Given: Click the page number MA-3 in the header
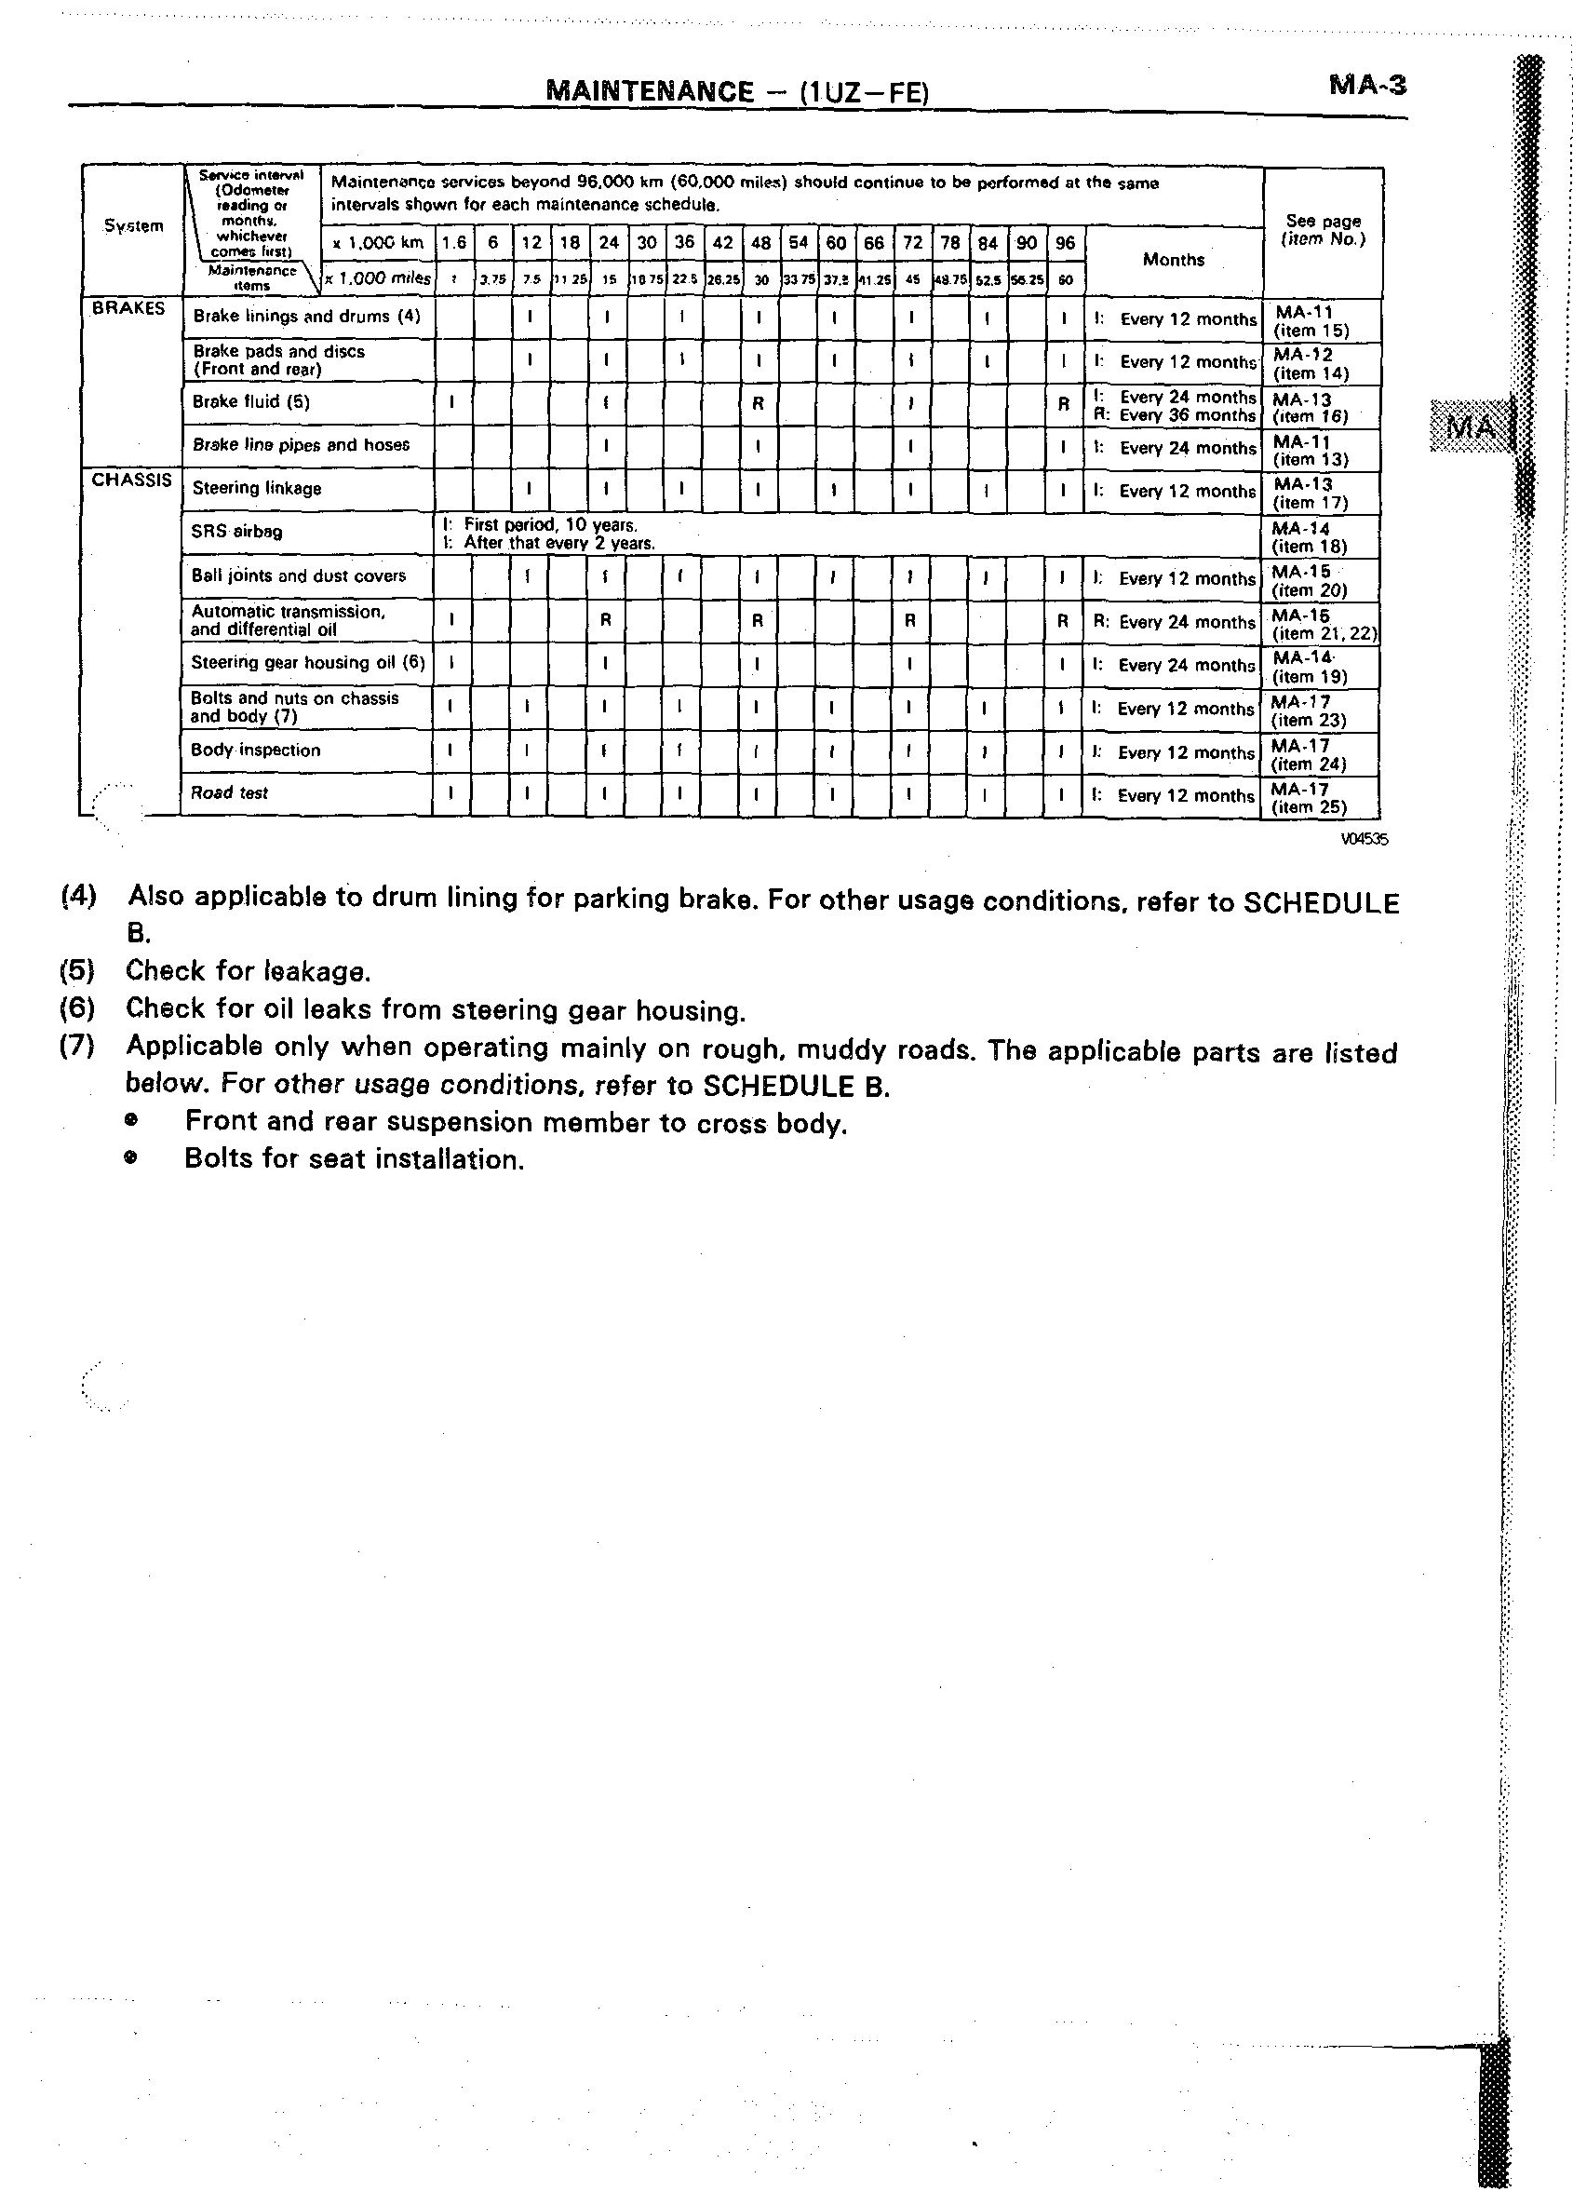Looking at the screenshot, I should click(x=1366, y=86).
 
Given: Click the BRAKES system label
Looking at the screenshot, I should click(x=128, y=308).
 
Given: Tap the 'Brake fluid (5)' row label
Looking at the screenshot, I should click(x=251, y=402).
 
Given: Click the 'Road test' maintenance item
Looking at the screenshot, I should click(x=230, y=792).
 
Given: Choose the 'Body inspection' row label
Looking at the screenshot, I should click(x=256, y=750).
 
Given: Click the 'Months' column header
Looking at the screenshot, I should click(x=1173, y=260).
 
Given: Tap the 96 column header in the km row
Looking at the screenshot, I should click(x=1065, y=243).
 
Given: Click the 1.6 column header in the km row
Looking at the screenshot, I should click(x=453, y=243).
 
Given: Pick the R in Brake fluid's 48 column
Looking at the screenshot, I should click(x=759, y=403).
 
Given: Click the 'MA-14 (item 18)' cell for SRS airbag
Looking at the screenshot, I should click(x=1309, y=536).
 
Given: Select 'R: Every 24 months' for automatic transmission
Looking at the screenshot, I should click(x=1173, y=622).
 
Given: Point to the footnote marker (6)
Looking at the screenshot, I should click(x=77, y=1008).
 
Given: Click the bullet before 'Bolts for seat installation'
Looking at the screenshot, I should click(x=130, y=1157).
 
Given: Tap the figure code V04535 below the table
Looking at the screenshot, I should click(x=1364, y=840).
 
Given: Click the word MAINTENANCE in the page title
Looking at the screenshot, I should click(x=649, y=92).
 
